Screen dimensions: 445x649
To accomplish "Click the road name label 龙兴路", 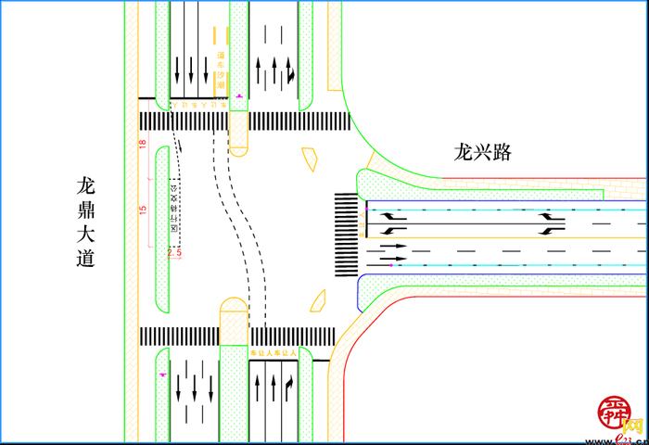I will tap(482, 152).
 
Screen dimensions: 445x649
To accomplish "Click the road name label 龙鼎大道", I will tap(85, 222).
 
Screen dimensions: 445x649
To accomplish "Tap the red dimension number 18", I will tap(143, 144).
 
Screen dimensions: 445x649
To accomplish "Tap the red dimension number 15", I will tap(143, 210).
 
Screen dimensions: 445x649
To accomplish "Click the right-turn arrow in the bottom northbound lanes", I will tap(289, 384).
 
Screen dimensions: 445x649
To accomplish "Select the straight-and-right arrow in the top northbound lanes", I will tap(290, 70).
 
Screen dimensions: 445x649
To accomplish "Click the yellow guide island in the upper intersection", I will tap(308, 159).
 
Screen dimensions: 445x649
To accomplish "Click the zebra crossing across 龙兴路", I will tap(346, 235).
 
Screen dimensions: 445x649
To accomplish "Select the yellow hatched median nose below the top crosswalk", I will tap(238, 133).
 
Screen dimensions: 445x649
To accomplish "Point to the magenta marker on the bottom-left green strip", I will tap(163, 374).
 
